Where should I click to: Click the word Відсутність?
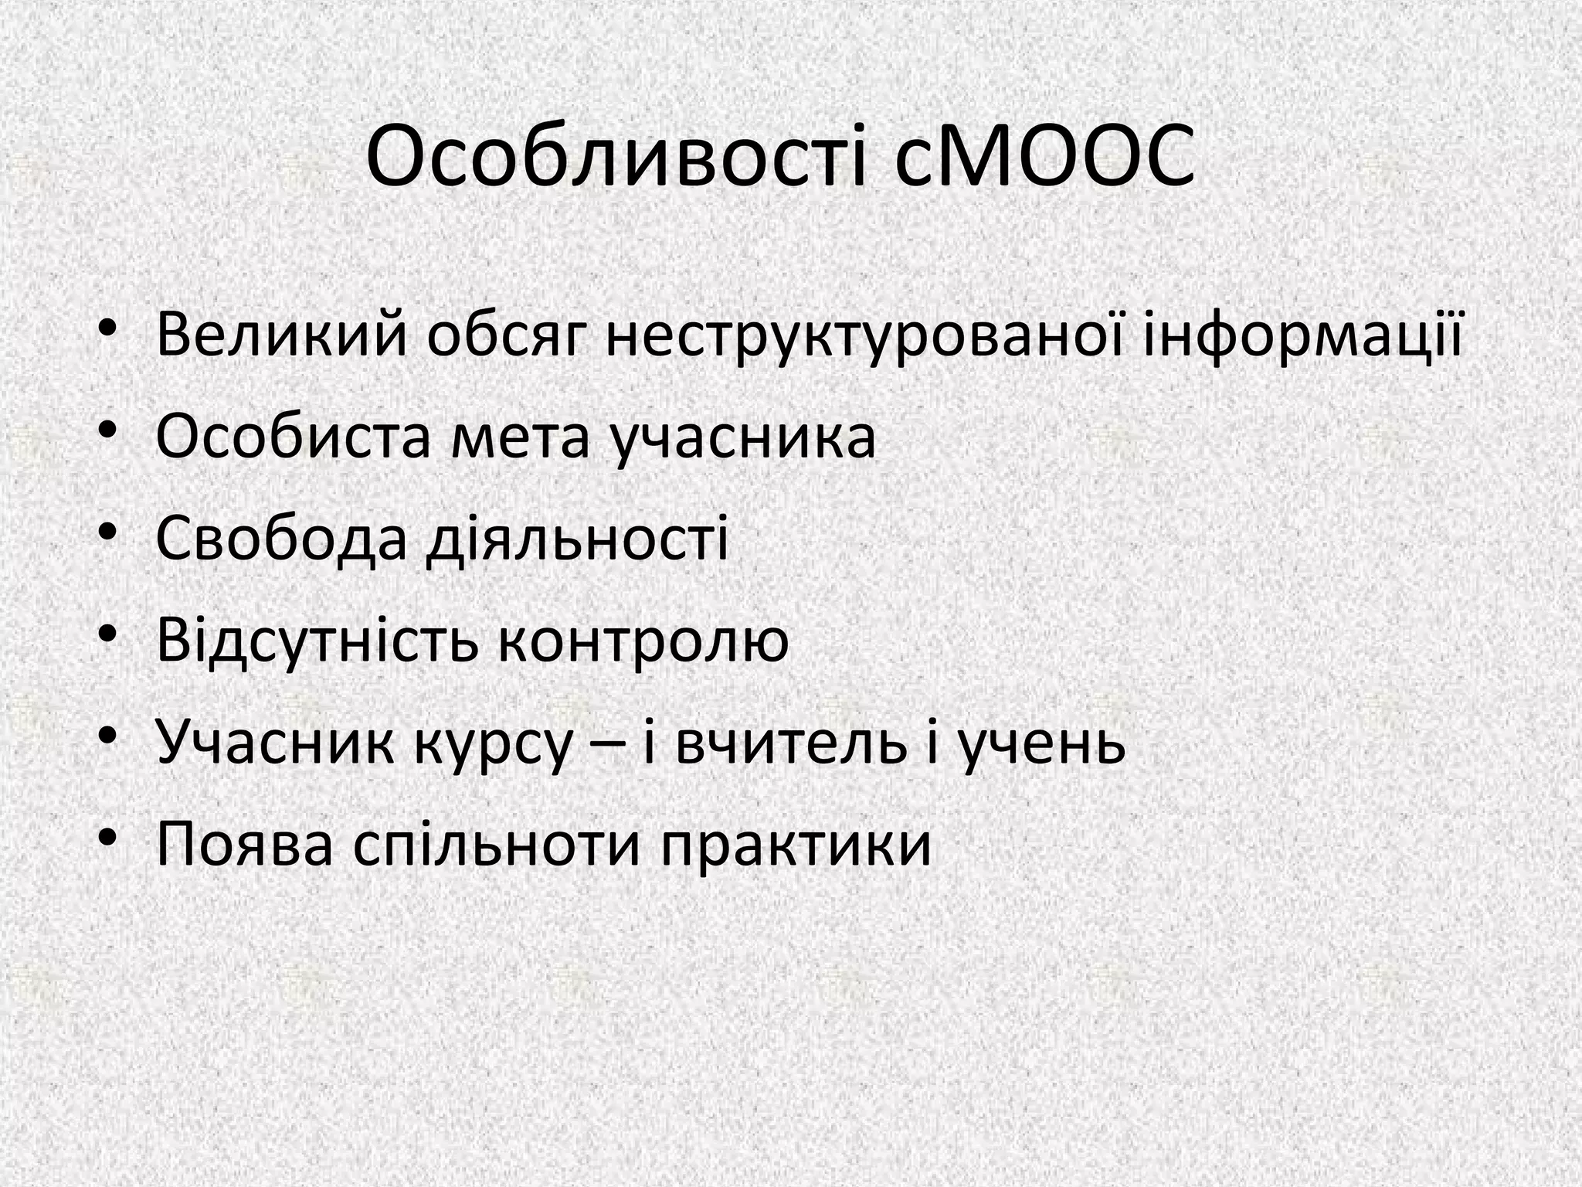coord(318,641)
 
